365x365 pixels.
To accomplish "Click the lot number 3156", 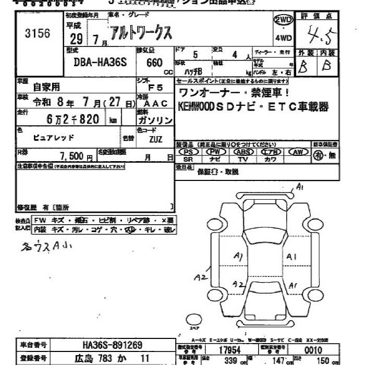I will click(38, 34).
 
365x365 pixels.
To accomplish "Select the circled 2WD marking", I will click(283, 19).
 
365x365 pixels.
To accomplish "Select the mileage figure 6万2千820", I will click(73, 119).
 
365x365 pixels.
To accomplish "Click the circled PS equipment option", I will click(188, 152).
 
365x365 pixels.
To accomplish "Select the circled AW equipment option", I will click(298, 152).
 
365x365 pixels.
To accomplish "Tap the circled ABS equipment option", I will click(242, 152).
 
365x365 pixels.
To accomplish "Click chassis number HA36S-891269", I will click(112, 345).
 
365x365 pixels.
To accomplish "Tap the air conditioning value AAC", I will click(155, 103).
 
